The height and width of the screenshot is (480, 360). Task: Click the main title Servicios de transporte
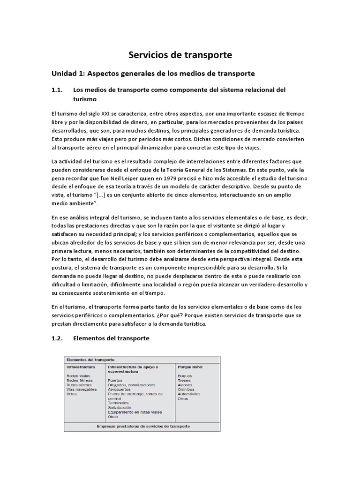coord(180,55)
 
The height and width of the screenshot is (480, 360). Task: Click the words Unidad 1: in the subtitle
coord(67,74)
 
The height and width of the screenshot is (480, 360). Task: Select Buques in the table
coord(184,376)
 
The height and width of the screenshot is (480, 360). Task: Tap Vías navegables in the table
coord(82,390)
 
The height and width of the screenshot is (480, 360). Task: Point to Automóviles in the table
coord(189,394)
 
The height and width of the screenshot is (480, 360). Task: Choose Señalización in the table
coord(121,408)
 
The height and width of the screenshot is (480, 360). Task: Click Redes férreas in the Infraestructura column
coord(80,381)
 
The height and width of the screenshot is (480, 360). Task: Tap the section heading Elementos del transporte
coord(112,338)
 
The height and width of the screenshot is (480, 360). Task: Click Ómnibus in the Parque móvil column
coord(186,390)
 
